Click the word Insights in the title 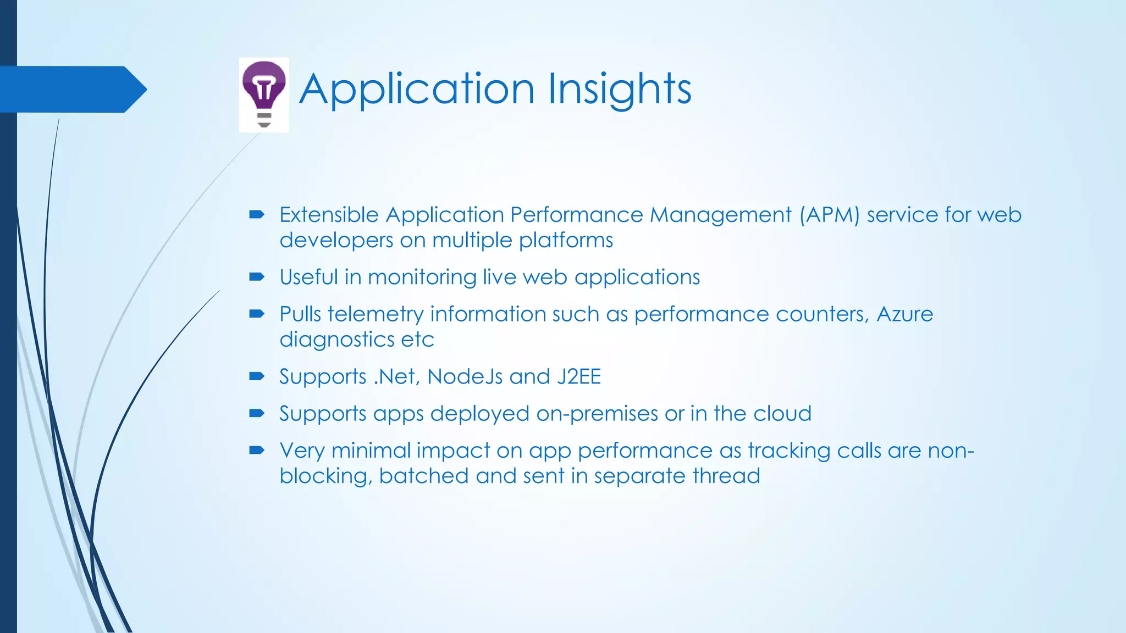pos(620,89)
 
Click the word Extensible pos(329,215)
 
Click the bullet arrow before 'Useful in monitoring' pos(257,277)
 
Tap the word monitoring pos(422,277)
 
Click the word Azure pos(904,314)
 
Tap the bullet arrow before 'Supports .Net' pos(257,376)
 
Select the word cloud pos(782,414)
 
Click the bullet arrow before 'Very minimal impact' pos(257,451)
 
